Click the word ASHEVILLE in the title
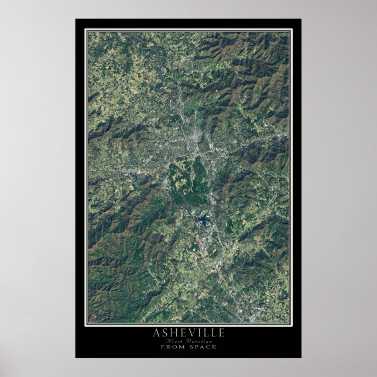188,333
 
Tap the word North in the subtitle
175,341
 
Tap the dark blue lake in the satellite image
203,221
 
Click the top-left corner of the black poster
76,19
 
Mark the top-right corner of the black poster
301,19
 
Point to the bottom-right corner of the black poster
301,358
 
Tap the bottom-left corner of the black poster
76,358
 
